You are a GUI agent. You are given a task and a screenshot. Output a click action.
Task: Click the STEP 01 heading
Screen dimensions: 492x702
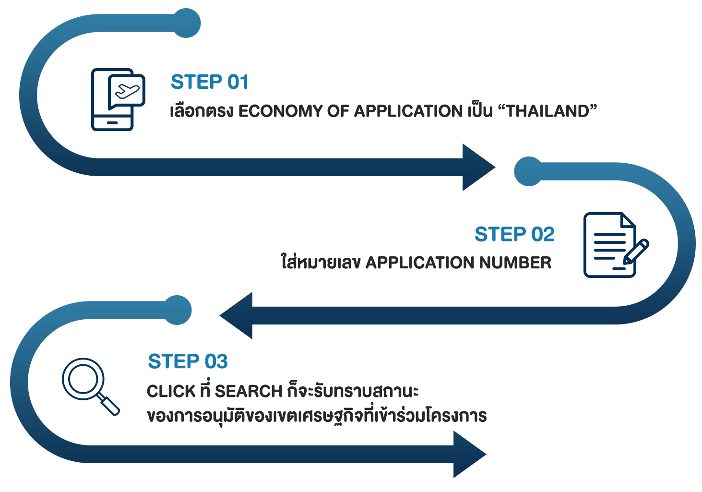point(210,82)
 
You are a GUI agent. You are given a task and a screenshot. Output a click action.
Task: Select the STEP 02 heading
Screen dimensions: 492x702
point(514,234)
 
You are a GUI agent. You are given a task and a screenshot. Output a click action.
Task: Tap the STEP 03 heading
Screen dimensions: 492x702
point(188,361)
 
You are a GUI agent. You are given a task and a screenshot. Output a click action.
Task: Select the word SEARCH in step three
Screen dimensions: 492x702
point(249,391)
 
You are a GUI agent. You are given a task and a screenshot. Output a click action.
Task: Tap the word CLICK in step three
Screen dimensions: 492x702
point(171,391)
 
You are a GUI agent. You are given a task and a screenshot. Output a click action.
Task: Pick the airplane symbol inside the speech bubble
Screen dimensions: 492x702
point(127,91)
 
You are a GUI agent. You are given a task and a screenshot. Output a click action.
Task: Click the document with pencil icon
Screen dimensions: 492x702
point(610,245)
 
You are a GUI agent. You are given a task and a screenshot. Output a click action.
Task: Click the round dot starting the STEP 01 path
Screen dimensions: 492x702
point(186,23)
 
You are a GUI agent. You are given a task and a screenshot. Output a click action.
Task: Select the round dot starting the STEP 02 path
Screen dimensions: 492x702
point(528,171)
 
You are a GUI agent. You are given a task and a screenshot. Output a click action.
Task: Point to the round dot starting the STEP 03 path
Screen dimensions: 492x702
point(178,310)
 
